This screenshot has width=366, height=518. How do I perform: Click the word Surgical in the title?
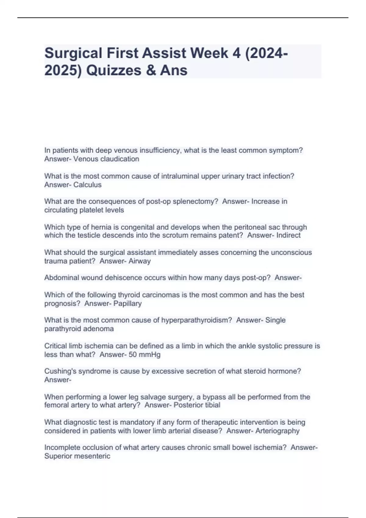[x=73, y=54]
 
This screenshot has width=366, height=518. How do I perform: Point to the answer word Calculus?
[x=88, y=185]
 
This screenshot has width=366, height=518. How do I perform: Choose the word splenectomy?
[x=195, y=201]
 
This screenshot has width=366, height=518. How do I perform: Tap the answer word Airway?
[x=140, y=261]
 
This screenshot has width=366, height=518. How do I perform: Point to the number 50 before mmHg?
[x=133, y=355]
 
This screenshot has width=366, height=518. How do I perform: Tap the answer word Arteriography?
[x=277, y=431]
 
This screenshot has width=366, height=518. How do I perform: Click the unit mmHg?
[x=149, y=355]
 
